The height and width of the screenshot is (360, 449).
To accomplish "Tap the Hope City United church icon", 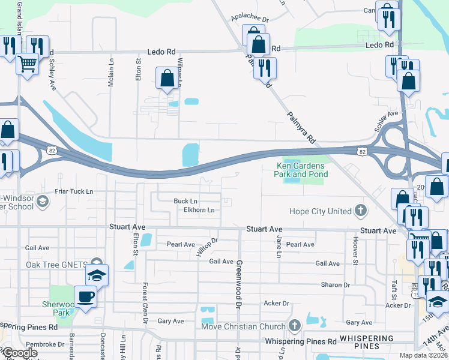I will (x=360, y=211).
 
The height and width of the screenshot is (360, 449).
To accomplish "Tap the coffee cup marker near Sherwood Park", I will (x=85, y=296).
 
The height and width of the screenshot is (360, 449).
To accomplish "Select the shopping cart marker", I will (x=27, y=63).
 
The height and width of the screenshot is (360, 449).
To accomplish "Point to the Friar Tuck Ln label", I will (x=73, y=191).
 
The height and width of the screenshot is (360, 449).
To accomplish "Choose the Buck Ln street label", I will (x=185, y=201).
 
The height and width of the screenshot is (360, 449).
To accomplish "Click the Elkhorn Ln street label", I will (x=199, y=210).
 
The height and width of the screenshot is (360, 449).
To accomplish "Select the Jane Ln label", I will (x=279, y=247).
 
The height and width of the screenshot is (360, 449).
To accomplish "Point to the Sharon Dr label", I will (x=336, y=285).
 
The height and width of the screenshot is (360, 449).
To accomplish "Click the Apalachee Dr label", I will (x=250, y=19).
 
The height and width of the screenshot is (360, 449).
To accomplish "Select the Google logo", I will (x=20, y=353).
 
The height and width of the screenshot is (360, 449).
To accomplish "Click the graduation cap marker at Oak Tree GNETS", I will (x=97, y=275).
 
